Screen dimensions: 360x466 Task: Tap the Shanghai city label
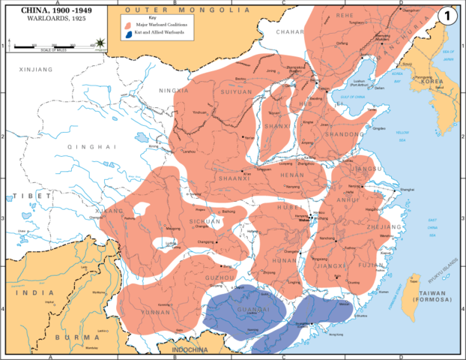(x=406, y=190)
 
